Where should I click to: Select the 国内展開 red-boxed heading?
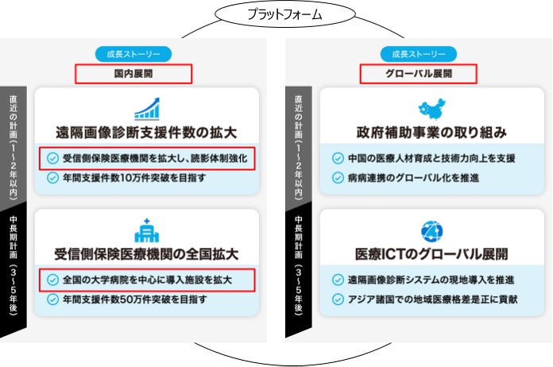[x=133, y=74]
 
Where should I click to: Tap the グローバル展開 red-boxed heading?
[x=418, y=74]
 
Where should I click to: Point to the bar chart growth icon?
[x=148, y=108]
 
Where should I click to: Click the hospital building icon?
[x=148, y=230]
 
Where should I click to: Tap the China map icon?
[x=432, y=108]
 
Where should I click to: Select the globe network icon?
[x=432, y=230]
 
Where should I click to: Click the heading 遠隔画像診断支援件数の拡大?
[x=148, y=132]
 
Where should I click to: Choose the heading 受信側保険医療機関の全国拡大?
[x=148, y=254]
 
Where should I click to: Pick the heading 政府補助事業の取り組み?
[x=432, y=132]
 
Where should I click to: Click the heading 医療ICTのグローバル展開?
[x=432, y=254]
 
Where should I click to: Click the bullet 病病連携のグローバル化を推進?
[x=413, y=178]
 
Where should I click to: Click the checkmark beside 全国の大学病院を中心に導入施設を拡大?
[x=53, y=280]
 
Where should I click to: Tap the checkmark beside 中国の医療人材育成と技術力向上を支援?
[x=338, y=158]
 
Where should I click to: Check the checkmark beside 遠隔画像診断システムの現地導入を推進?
[x=338, y=280]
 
